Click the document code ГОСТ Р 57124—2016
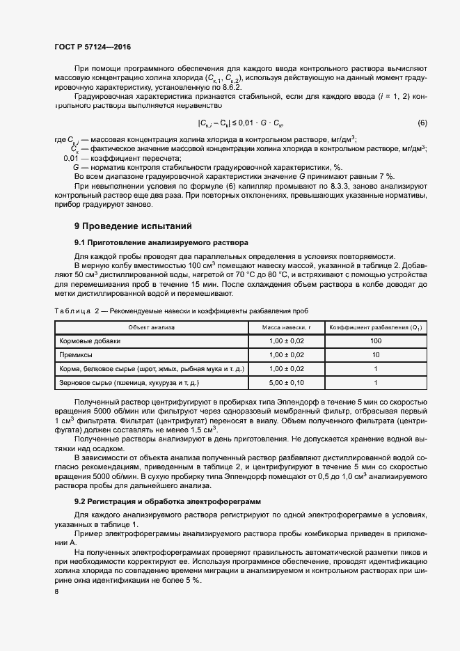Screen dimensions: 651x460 [92, 47]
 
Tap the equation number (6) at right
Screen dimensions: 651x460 [422, 123]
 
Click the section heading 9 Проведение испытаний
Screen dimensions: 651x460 [132, 226]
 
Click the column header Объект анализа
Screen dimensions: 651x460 [151, 327]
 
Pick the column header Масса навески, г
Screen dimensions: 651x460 [286, 327]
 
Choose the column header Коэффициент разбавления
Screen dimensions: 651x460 [376, 327]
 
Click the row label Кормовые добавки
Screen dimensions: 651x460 [90, 341]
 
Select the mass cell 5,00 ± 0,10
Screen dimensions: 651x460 [286, 383]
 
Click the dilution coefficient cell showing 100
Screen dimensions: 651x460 [376, 341]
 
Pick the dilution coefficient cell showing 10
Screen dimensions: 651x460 [376, 355]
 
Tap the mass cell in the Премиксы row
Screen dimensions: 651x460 [286, 355]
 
